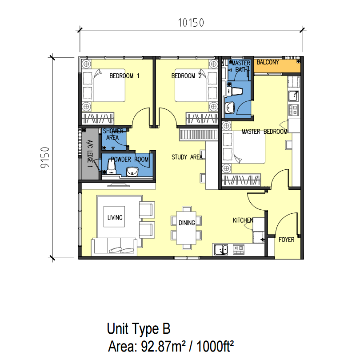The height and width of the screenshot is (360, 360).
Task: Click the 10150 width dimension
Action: point(191,23)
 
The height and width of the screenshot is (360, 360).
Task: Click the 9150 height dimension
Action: point(45,157)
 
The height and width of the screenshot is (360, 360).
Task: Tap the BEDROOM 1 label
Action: point(124,76)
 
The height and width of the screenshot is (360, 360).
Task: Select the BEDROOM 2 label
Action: point(186,76)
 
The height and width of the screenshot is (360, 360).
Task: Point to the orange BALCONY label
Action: point(268,62)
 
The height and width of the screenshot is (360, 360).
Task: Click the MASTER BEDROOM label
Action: point(264,132)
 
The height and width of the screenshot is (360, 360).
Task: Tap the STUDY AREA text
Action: point(187,157)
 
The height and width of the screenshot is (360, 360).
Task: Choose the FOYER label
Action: point(286,240)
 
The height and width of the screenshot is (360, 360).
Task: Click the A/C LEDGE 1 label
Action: point(90,154)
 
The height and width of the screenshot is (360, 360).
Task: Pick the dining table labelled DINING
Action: point(186,228)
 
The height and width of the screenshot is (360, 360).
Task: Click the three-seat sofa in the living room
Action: point(114,247)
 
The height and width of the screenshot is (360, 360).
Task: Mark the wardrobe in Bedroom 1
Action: point(98,119)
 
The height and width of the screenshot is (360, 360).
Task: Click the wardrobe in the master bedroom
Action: point(241,180)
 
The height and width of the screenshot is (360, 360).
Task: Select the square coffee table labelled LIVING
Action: point(114,216)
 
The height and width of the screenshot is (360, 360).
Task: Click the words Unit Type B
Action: point(139,329)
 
